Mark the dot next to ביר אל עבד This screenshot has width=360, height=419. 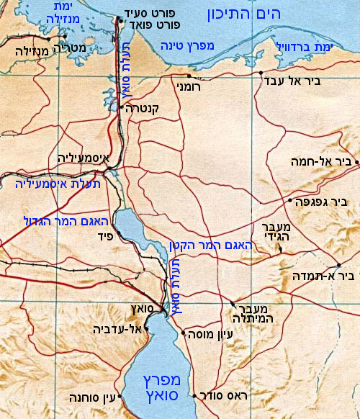260,73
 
